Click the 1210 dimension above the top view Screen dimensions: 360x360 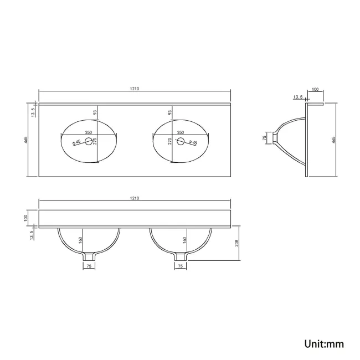pos(135,89)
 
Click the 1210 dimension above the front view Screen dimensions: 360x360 pos(135,198)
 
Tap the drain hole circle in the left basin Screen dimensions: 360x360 pos(89,141)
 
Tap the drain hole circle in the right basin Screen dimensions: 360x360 pos(181,141)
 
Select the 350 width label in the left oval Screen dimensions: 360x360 pos(89,132)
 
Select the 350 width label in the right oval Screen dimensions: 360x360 pos(181,132)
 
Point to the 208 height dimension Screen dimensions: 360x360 pos(236,243)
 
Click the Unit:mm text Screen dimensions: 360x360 pos(324,344)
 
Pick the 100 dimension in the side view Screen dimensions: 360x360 pos(316,89)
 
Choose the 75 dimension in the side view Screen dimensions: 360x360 pos(264,138)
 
